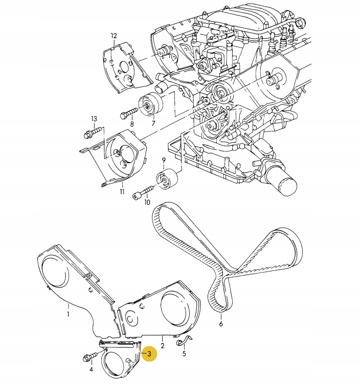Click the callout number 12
point(114,36)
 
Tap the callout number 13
point(94,119)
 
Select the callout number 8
point(131,124)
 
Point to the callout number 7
point(152,123)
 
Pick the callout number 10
point(147,202)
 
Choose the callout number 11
point(122,192)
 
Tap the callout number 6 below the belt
point(221,324)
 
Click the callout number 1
point(68,314)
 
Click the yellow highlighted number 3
point(149,353)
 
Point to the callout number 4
point(91,369)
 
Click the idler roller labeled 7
point(150,106)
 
